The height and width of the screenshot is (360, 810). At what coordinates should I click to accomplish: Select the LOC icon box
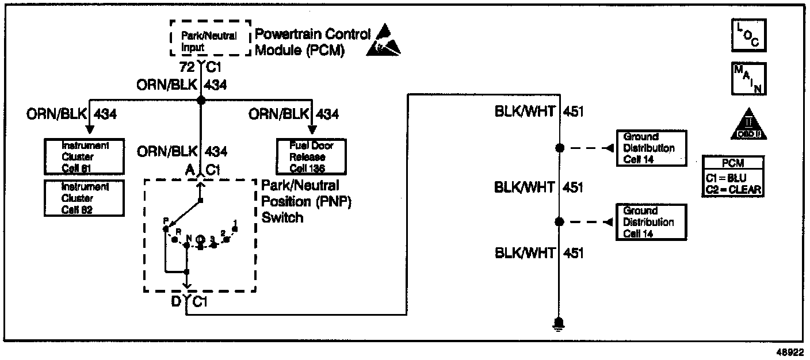748,36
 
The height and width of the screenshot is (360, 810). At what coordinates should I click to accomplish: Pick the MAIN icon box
748,78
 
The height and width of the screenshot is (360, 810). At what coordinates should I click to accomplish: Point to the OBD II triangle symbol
748,124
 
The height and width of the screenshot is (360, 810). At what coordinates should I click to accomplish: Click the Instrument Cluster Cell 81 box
85,157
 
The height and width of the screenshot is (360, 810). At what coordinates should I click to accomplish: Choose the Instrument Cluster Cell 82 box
85,197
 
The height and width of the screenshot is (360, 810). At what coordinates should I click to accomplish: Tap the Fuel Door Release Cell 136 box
311,157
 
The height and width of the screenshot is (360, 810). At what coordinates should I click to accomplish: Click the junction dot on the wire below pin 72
201,100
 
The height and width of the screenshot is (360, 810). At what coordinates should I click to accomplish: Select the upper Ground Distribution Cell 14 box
652,148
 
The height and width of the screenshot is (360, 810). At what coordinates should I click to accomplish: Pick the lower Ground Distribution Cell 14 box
652,222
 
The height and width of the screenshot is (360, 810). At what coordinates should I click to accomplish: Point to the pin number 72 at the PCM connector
188,67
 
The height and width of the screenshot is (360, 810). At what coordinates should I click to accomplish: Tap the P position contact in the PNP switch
165,228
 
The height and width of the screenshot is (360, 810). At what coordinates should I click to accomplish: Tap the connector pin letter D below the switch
176,301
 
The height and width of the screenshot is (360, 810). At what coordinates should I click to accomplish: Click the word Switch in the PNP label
282,218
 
